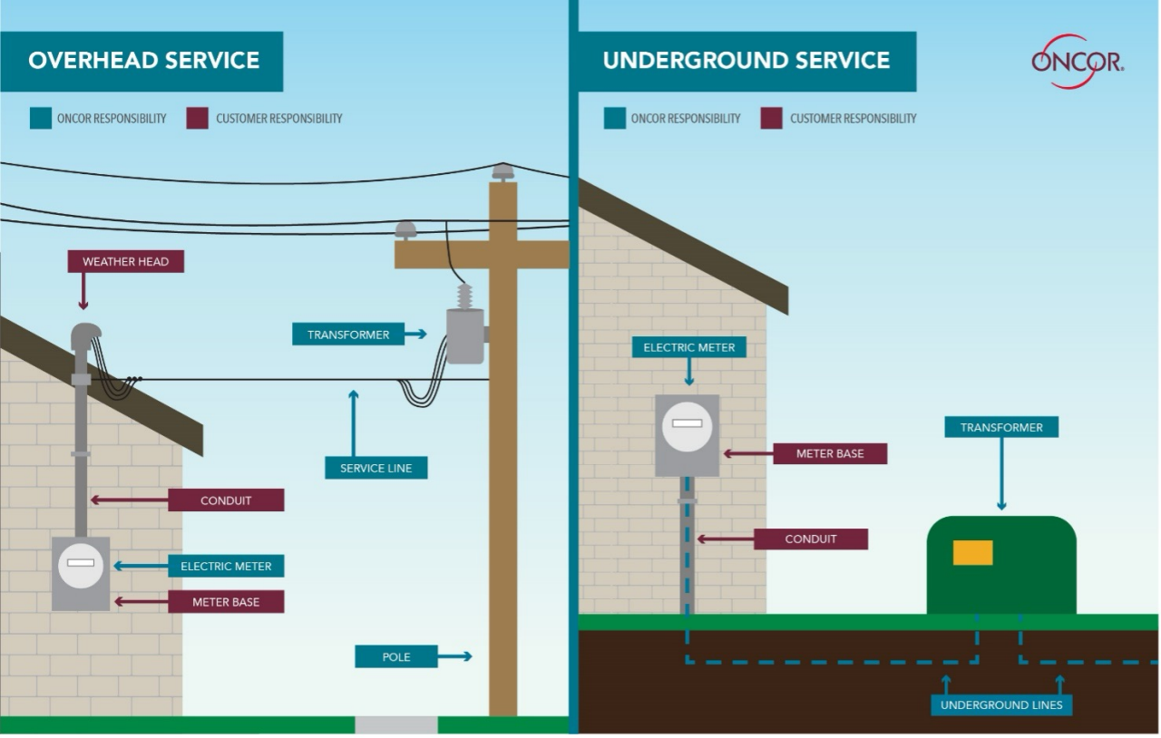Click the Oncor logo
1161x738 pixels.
tap(1077, 62)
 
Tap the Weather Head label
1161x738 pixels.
tap(125, 262)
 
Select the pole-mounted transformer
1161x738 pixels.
tap(465, 335)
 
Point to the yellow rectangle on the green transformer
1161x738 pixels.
tap(972, 552)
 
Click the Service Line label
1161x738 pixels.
tap(376, 468)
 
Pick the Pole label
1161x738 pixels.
tap(395, 656)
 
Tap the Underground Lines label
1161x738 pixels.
tap(1001, 704)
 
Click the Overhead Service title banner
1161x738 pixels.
tap(143, 62)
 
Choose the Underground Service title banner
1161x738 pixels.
tap(746, 62)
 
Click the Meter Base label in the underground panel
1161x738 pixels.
tap(829, 453)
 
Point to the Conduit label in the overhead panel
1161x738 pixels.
tap(226, 500)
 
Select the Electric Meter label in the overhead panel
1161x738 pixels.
tap(226, 567)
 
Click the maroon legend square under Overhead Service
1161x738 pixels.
tap(198, 118)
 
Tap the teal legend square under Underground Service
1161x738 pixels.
tap(615, 118)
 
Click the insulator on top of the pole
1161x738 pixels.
tap(502, 172)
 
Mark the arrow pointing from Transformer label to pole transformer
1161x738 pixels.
tap(415, 335)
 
